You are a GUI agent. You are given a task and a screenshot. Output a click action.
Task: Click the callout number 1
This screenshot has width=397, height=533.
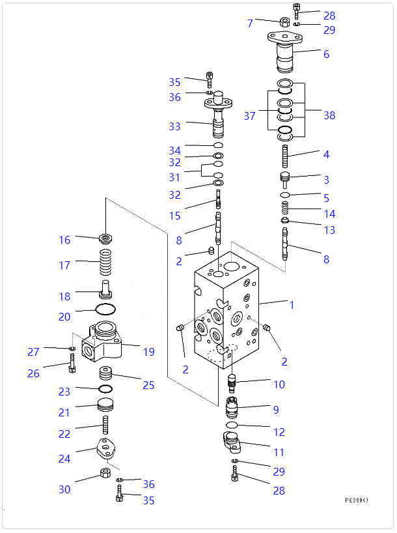tap(292, 304)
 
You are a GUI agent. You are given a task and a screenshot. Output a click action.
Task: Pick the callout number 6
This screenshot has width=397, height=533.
tap(326, 54)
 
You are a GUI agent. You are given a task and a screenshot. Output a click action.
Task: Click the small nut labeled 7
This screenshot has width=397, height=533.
tap(284, 23)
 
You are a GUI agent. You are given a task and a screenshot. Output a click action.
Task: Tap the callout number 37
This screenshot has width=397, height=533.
tap(250, 116)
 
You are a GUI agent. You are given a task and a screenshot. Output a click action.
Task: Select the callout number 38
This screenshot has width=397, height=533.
tap(329, 115)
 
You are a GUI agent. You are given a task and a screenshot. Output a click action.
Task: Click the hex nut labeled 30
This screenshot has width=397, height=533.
tap(104, 472)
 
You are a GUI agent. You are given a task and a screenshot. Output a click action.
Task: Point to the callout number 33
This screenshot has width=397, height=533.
tap(174, 126)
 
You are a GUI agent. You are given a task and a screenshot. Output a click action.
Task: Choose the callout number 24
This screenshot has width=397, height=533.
tap(64, 459)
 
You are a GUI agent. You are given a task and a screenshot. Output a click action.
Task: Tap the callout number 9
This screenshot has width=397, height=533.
tap(276, 410)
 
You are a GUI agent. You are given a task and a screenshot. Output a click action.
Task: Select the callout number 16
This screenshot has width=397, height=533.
tap(64, 240)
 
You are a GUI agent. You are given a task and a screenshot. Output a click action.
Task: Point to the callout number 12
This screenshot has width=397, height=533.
tap(279, 432)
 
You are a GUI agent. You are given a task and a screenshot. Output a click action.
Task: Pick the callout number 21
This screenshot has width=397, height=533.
tap(64, 412)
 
